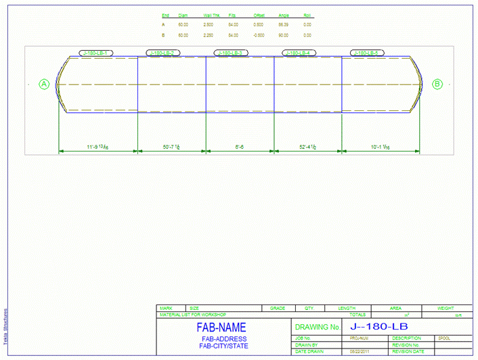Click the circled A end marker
coord(45,84)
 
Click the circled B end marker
coord(437,84)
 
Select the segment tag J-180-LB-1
coord(97,53)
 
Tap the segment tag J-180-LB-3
coord(232,53)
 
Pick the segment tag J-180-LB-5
coord(368,53)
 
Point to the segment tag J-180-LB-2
coord(162,53)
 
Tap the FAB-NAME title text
coord(223,328)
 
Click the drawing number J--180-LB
coord(379,327)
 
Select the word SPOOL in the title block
coord(444,338)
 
